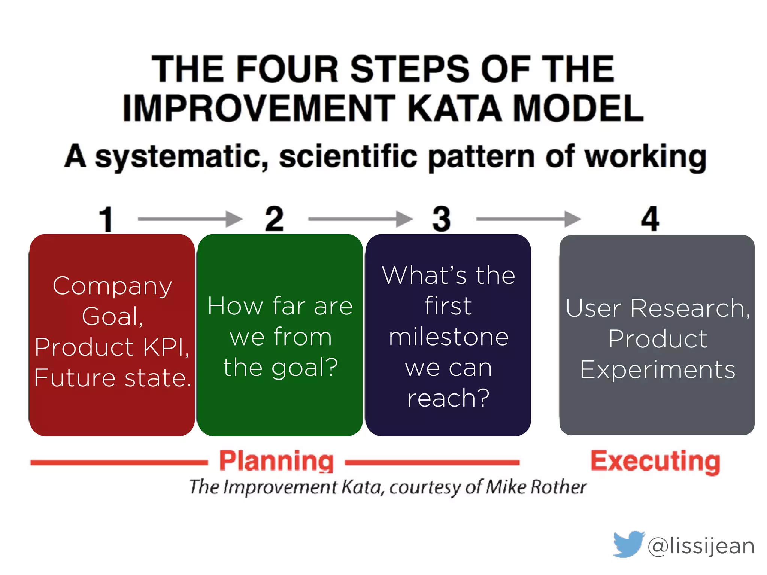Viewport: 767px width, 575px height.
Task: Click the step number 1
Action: (106, 219)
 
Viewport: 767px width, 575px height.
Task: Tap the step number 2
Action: (274, 219)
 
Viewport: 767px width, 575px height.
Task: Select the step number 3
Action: (441, 219)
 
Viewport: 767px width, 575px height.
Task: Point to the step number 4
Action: (650, 219)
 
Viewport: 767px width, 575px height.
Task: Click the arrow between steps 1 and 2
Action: (190, 219)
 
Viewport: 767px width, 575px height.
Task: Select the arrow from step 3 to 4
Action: (528, 219)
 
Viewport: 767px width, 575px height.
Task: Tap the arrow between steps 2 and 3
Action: (360, 219)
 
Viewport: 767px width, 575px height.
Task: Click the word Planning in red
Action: (276, 461)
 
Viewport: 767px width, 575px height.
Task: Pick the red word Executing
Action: (655, 461)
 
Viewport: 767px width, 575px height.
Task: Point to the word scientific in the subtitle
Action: (348, 156)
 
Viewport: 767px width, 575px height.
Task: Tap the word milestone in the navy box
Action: (449, 337)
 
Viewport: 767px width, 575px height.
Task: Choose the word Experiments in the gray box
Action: (658, 370)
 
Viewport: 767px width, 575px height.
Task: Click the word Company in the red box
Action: (112, 286)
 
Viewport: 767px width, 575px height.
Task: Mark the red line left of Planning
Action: (119, 463)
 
